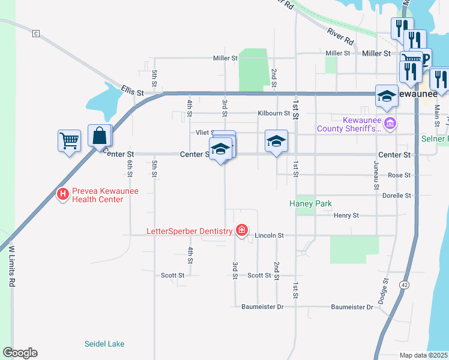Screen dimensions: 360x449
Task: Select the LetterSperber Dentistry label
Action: (x=190, y=231)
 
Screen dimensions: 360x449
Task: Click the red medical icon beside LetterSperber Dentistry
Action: (x=242, y=230)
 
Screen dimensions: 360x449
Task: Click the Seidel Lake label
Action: (x=104, y=344)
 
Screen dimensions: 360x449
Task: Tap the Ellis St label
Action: (x=132, y=92)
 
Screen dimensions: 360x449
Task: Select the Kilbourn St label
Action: (x=274, y=113)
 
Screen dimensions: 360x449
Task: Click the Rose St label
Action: (x=399, y=175)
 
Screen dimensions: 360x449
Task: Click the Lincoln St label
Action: (x=268, y=236)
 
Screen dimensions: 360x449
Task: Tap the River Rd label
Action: (x=340, y=37)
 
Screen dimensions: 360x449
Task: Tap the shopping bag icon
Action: (x=100, y=136)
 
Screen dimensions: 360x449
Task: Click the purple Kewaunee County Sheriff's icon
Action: (x=390, y=124)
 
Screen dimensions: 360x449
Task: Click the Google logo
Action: (x=20, y=353)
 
